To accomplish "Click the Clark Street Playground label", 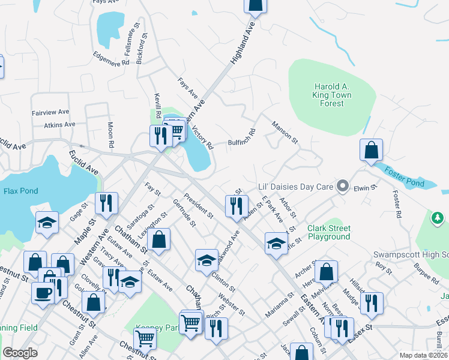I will coord(328,232).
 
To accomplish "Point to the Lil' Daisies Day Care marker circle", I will coord(343,186).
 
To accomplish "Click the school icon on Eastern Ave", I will coord(276,243).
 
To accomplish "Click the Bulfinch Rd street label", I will coord(242,138).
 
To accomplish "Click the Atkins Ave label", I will coord(59,125).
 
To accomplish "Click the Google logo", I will coord(20,353).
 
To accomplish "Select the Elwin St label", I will coord(364,187).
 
